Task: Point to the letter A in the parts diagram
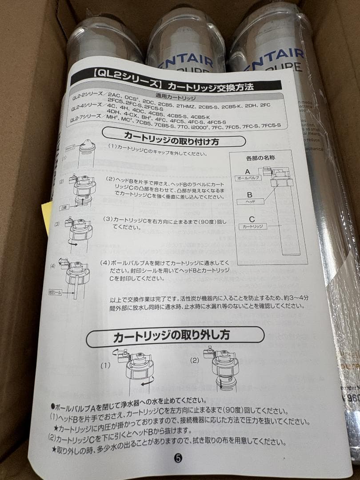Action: [x=248, y=171]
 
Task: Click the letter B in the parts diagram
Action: [x=250, y=194]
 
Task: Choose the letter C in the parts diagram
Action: [x=252, y=219]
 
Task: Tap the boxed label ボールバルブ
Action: [x=246, y=178]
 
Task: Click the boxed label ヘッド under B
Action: [x=252, y=201]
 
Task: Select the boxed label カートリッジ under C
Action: [x=252, y=226]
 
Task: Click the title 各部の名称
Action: [x=261, y=158]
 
